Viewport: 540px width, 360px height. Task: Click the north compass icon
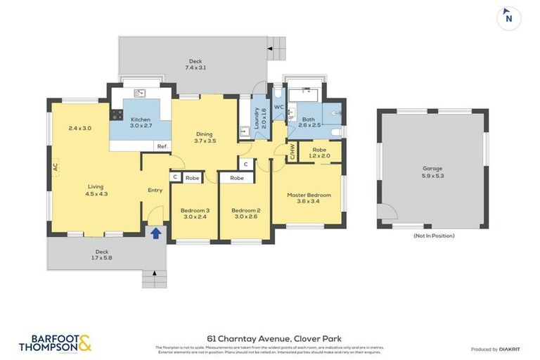pos(508,18)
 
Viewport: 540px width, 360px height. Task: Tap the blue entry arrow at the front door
pos(155,232)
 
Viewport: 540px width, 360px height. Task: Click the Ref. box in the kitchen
pos(162,146)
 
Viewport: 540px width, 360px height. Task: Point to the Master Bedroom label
pos(308,195)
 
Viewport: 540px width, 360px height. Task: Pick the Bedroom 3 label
pos(195,210)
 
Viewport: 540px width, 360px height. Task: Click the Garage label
pos(432,169)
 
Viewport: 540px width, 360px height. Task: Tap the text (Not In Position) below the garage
pos(433,236)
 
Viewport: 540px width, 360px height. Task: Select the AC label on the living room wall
pos(55,167)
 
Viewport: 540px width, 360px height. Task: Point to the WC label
pos(278,107)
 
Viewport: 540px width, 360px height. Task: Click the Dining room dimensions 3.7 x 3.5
pos(205,141)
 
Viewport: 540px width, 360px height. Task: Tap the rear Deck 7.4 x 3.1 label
pos(195,65)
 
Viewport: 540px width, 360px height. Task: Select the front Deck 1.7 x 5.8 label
pos(102,255)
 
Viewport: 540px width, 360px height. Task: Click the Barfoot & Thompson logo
pos(55,342)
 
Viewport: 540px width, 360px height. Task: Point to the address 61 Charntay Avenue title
pos(274,338)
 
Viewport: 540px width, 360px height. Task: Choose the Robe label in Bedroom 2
pos(237,179)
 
